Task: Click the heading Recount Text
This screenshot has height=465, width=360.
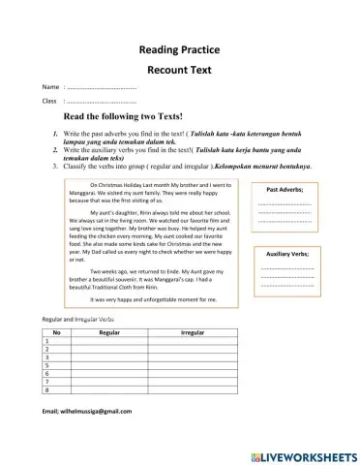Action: pos(180,71)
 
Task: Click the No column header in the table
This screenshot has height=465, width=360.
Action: pos(56,331)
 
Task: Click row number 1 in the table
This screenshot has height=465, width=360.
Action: pos(46,341)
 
